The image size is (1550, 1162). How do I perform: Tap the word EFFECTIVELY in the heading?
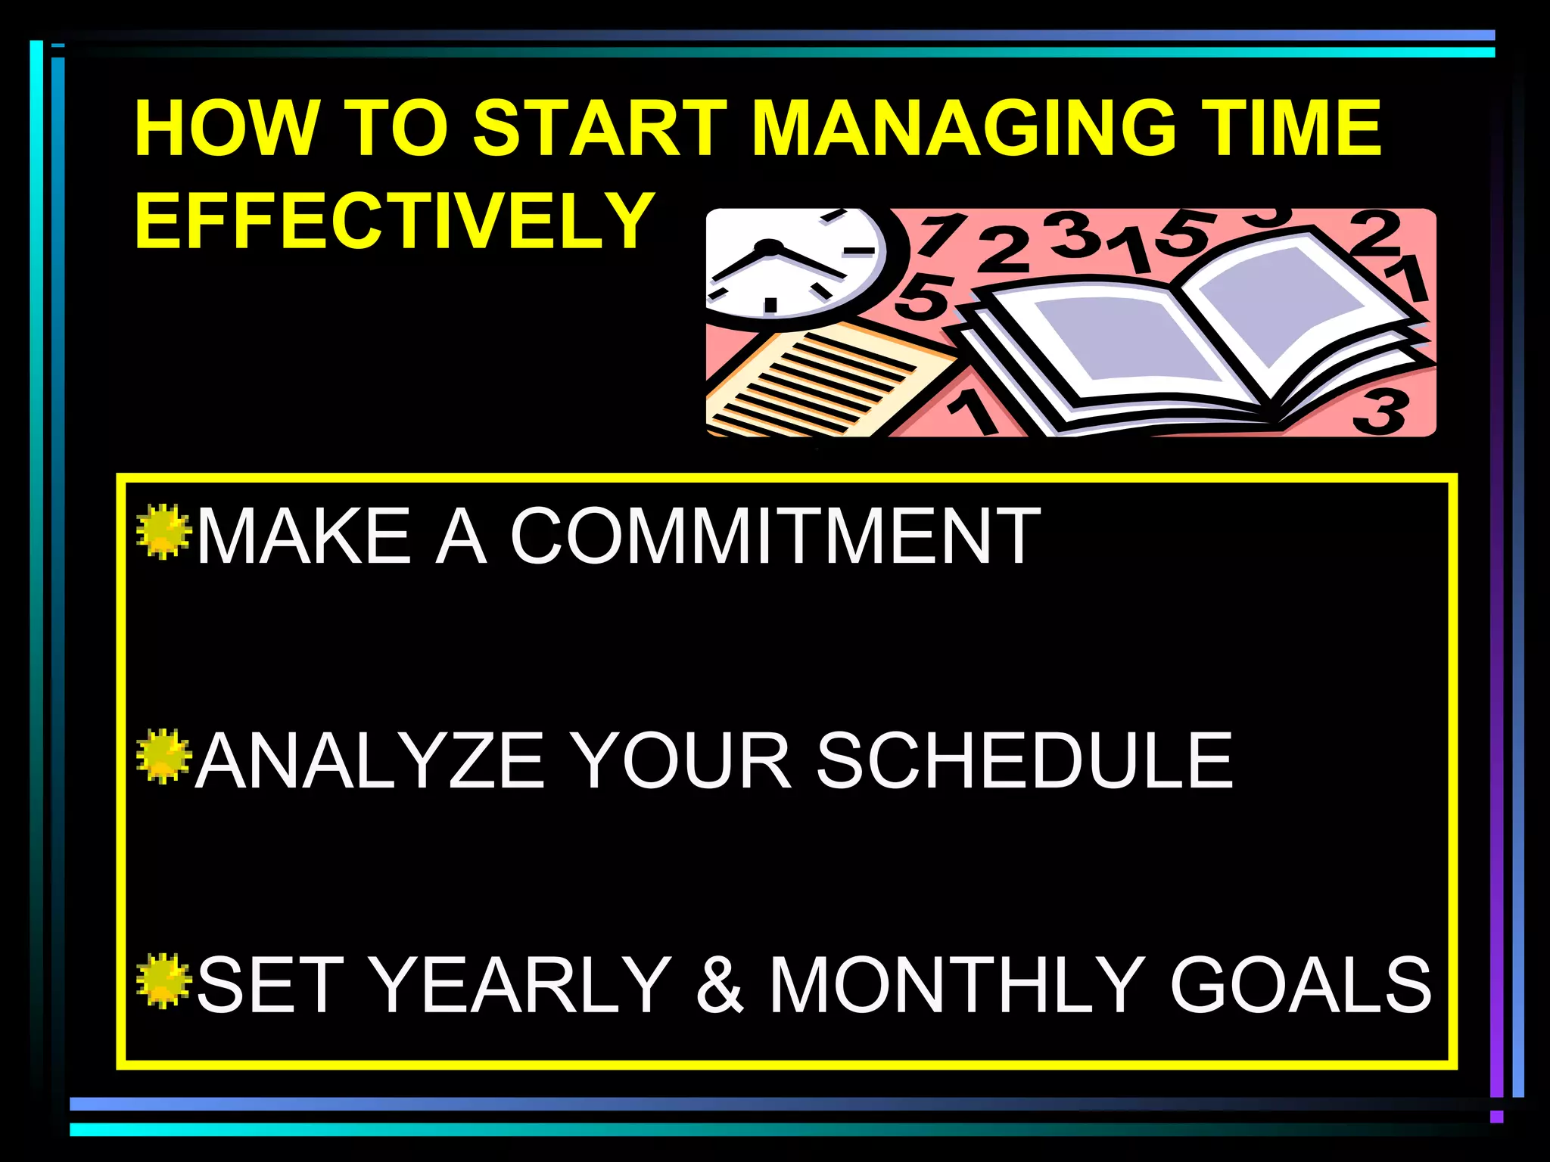pos(394,220)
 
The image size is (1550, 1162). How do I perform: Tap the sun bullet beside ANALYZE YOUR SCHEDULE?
pos(163,756)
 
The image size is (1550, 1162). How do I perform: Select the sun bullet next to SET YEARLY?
pos(163,980)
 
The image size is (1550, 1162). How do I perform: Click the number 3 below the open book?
pos(1382,412)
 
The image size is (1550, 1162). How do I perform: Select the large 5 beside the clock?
pos(923,295)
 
